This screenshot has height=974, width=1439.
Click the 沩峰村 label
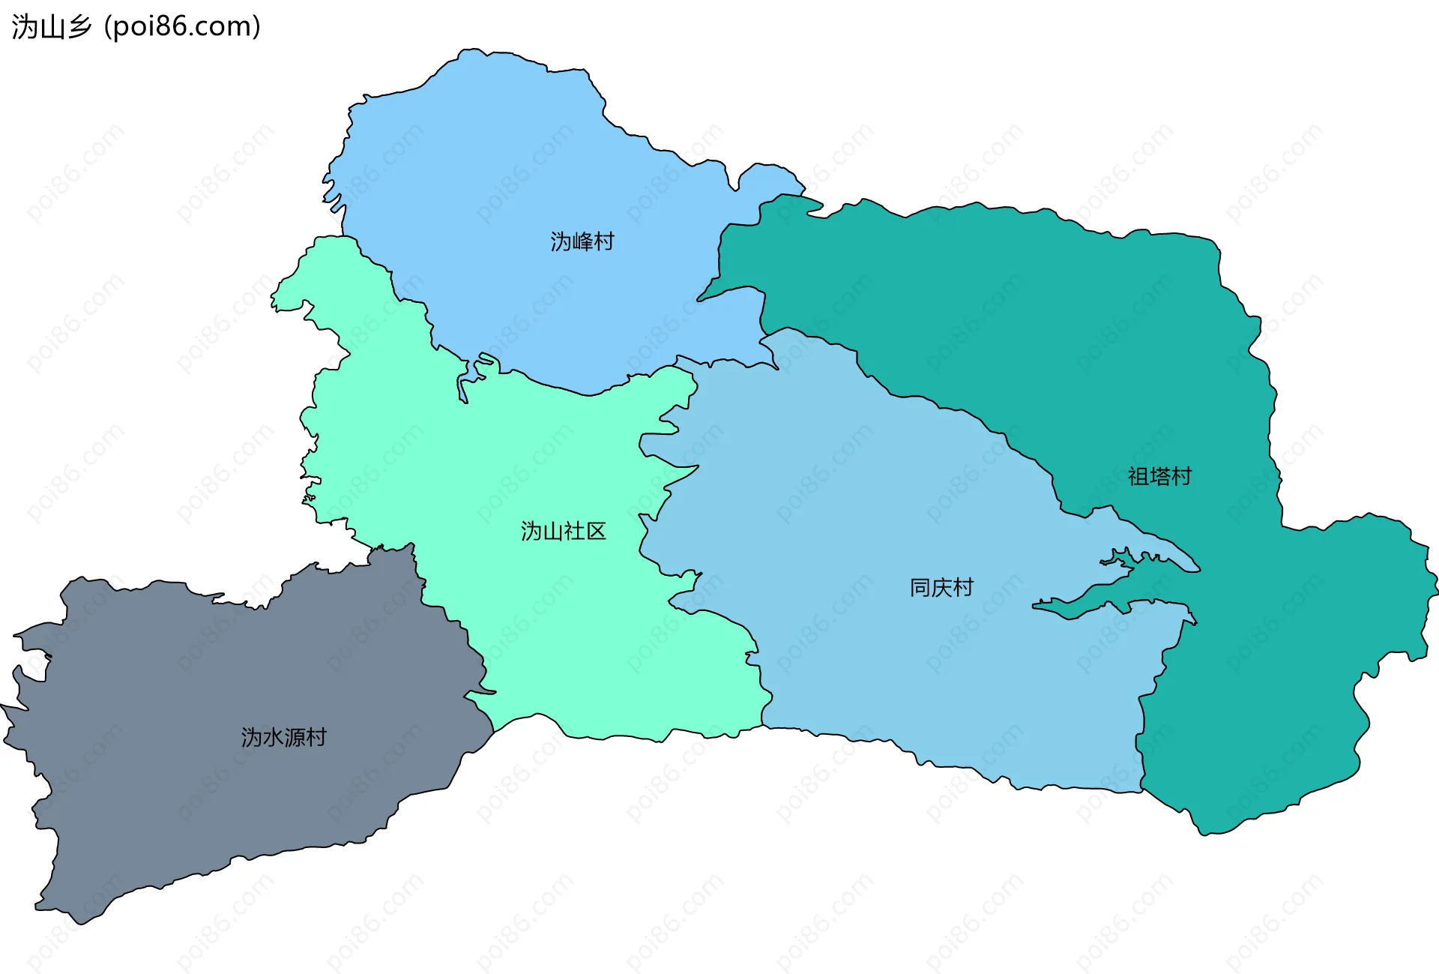point(582,241)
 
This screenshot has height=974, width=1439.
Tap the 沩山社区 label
point(563,532)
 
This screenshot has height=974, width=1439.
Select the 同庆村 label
point(941,588)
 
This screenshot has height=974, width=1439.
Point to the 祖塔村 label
point(1159,477)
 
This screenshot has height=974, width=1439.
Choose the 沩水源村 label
point(283,738)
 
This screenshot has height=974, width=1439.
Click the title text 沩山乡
point(52,27)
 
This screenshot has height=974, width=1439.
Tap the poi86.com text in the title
point(182,27)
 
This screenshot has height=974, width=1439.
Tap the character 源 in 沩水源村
point(295,738)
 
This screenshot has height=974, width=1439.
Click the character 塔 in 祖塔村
point(1159,477)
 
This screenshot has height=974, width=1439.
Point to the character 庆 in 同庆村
point(941,588)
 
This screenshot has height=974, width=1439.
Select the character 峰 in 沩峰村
point(582,241)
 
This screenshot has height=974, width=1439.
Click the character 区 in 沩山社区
point(596,532)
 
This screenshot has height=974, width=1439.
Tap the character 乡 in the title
point(79,27)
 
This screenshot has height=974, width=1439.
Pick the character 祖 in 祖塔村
point(1138,477)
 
